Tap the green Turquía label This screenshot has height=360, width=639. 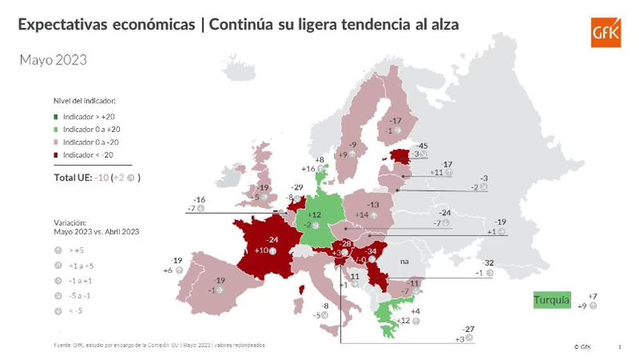551,300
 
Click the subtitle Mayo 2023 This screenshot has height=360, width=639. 52,60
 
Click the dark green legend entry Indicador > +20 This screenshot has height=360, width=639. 89,118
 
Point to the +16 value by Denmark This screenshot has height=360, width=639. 307,169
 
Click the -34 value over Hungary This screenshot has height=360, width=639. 371,251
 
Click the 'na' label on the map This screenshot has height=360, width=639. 404,262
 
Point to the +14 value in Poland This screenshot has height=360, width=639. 362,214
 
